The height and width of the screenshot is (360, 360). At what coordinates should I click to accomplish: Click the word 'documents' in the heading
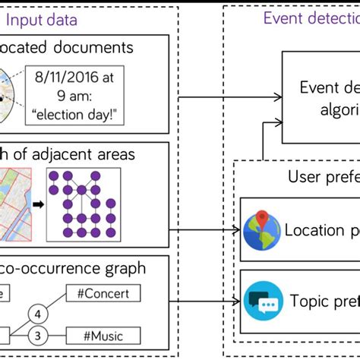click(114, 48)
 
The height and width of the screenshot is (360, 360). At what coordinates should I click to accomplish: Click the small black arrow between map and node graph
click(36, 204)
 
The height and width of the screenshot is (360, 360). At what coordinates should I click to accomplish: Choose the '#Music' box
click(104, 335)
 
